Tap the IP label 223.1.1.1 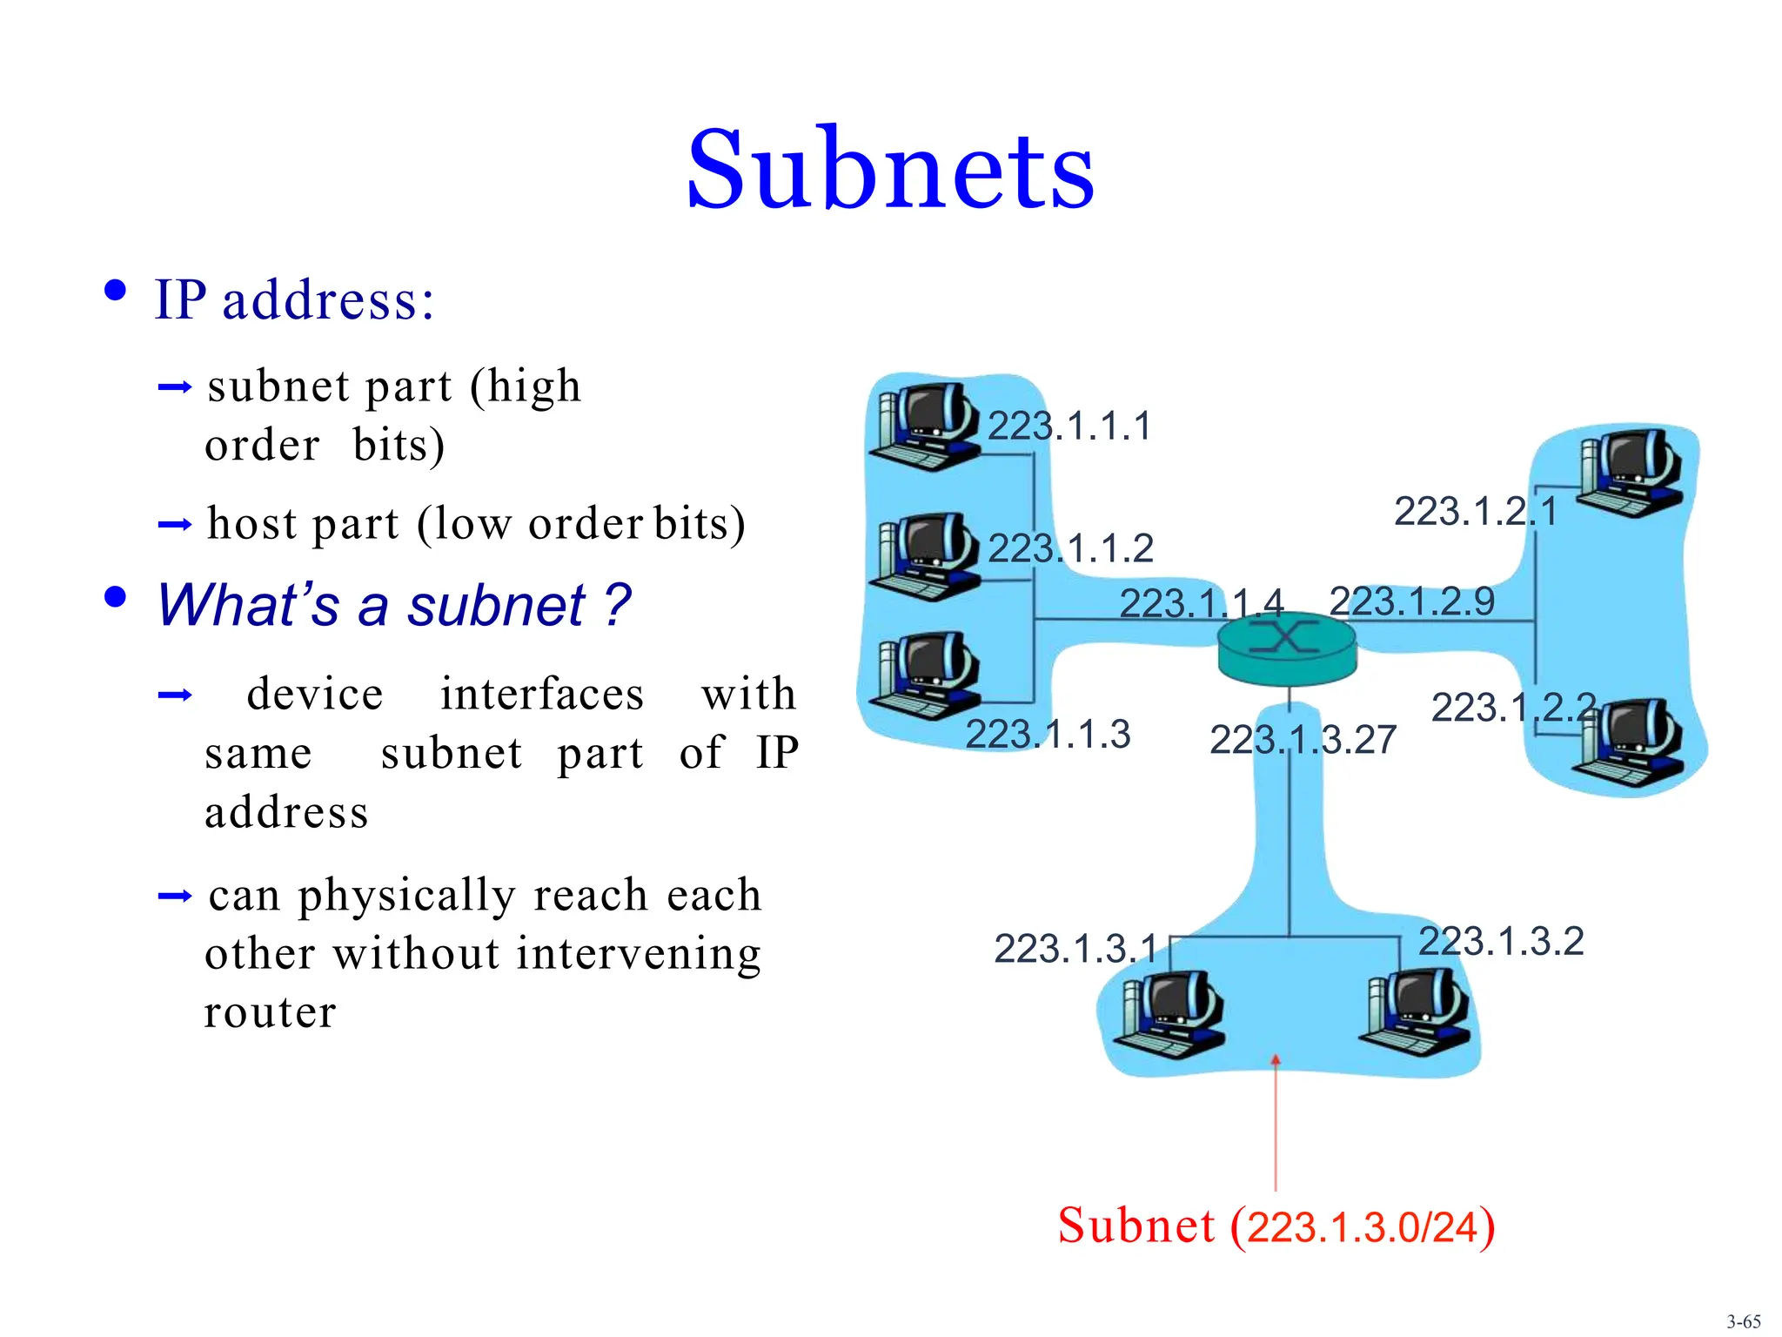coord(1069,427)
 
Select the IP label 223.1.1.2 coord(1070,548)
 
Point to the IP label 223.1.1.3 coord(1048,734)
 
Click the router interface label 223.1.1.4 coord(1201,602)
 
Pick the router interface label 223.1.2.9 coord(1411,601)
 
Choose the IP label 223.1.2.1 coord(1476,511)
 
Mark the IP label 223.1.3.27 coord(1303,740)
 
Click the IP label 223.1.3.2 coord(1501,941)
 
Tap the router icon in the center coord(1286,649)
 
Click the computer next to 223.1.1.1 coord(928,425)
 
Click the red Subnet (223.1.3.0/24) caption coord(1276,1226)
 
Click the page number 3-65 coord(1743,1321)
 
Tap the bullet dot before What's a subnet coord(115,598)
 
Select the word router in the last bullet coord(270,1012)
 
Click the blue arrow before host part coord(174,524)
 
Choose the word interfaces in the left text coord(541,695)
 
